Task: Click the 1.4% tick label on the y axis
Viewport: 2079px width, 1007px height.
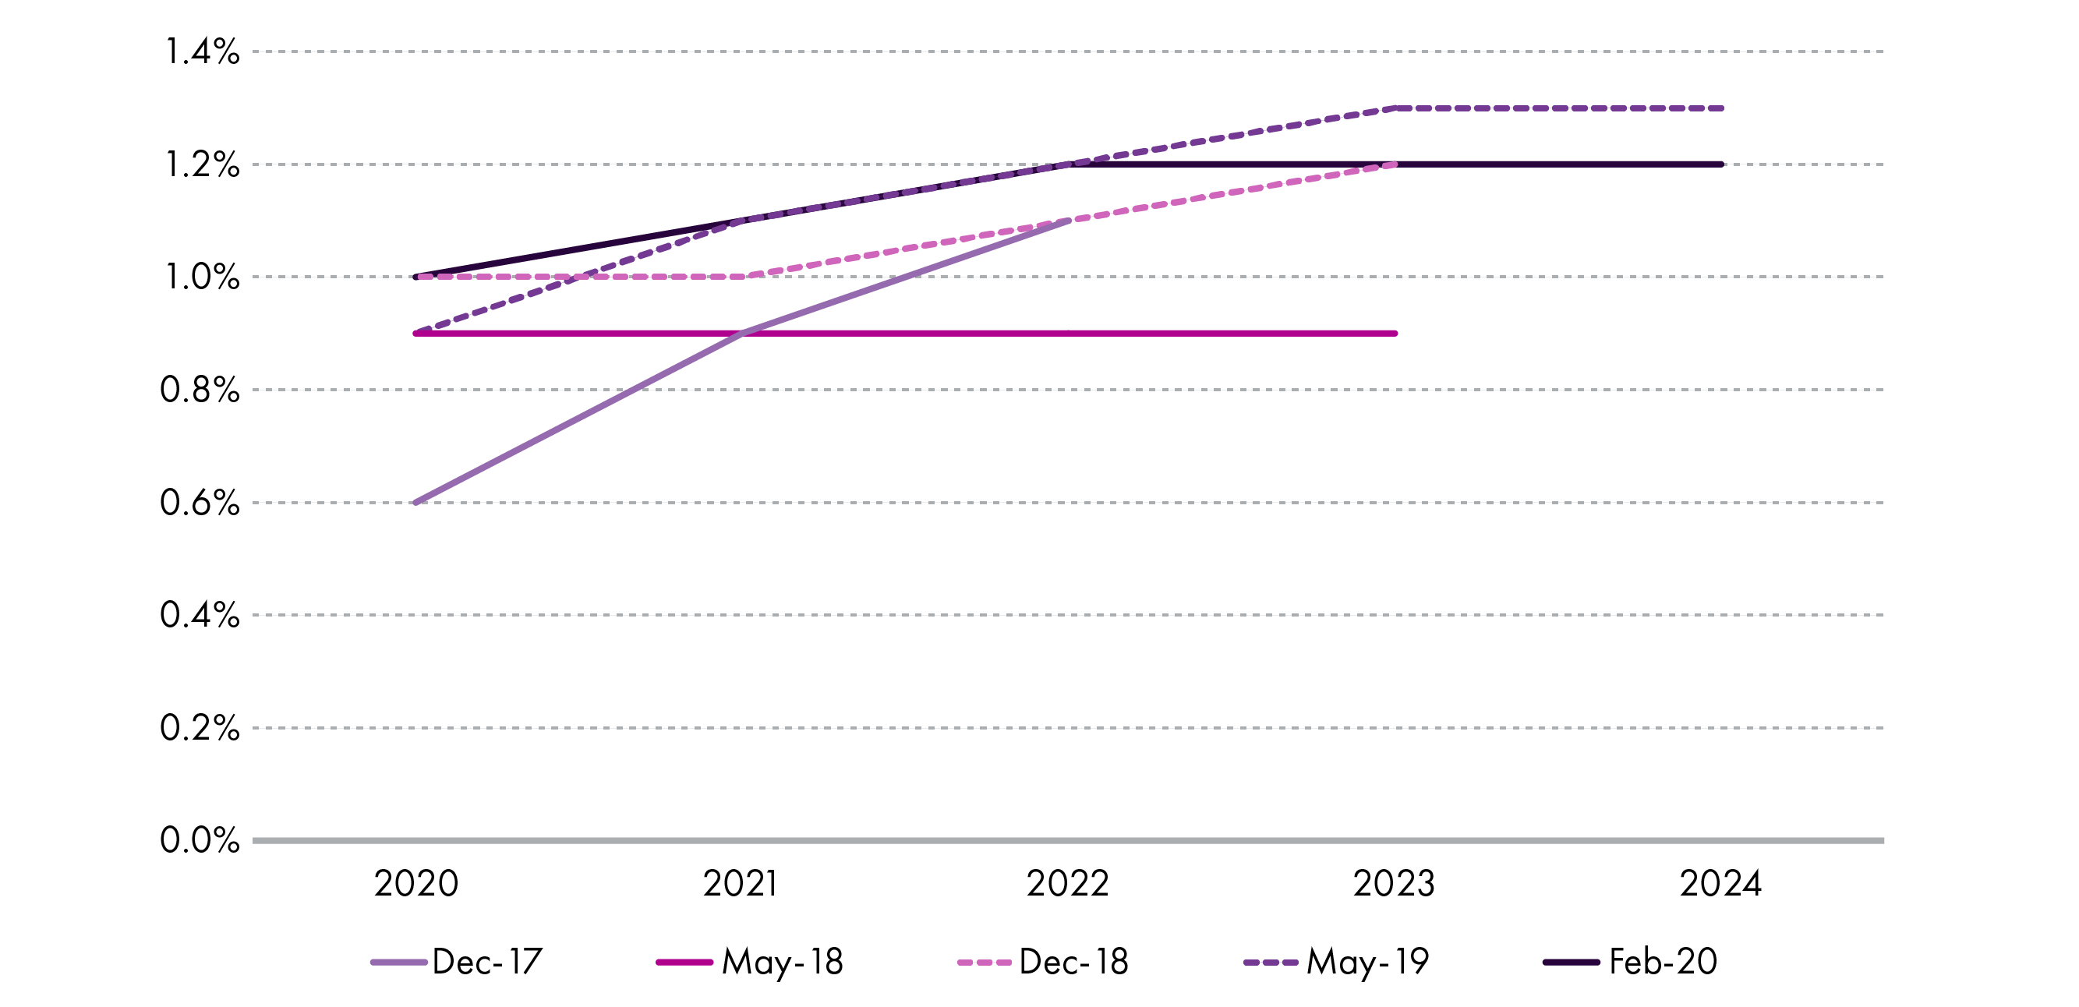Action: tap(203, 52)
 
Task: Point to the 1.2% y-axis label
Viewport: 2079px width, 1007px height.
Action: tap(203, 165)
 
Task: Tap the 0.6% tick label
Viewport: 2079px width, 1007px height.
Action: tap(200, 503)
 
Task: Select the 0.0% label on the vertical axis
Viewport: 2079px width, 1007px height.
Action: tap(200, 841)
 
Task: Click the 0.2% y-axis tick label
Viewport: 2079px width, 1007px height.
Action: tap(200, 729)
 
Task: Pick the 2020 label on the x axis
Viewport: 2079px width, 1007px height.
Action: tap(416, 885)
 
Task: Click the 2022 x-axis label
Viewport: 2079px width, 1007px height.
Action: tap(1068, 885)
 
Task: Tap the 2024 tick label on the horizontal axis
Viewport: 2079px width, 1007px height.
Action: tap(1720, 885)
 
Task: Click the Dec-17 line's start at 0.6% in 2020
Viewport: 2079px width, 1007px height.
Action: tap(415, 503)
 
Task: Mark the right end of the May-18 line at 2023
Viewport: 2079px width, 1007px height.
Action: tap(1395, 334)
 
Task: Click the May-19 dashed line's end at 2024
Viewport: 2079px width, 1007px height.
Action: tap(1721, 108)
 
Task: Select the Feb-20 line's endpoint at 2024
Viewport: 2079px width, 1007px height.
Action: tap(1721, 164)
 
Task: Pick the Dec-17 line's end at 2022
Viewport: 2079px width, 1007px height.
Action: tap(1069, 221)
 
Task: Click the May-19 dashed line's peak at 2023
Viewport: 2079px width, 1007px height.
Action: tap(1395, 108)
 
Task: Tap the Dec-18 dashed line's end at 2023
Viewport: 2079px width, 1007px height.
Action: tap(1395, 164)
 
